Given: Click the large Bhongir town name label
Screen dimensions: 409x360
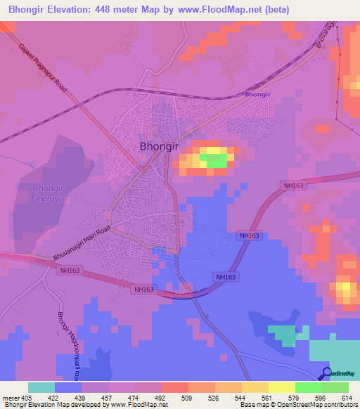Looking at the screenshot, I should pos(160,147).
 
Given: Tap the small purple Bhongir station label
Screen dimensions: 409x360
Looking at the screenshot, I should pos(257,93).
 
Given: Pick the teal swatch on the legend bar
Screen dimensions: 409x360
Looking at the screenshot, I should pos(41,387).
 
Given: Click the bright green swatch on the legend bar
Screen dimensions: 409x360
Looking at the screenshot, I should pos(308,387).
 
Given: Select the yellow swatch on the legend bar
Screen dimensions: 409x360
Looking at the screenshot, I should pos(281,387).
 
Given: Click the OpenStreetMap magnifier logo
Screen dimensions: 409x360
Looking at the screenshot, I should pos(326,373).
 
